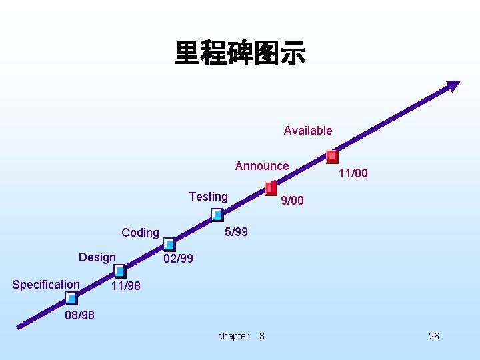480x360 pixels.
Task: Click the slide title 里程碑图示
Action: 240,53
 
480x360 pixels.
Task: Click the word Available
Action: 307,131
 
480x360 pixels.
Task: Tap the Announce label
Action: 262,166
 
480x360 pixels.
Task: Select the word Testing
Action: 208,197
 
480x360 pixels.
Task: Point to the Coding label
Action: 140,233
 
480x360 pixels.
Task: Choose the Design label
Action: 97,257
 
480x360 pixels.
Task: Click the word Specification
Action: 46,285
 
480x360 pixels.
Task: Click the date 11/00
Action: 353,174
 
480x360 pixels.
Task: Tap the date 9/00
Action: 292,201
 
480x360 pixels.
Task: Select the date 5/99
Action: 236,232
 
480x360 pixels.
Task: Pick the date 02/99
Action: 178,259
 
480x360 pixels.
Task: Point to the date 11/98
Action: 125,287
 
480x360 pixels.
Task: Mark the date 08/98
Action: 79,315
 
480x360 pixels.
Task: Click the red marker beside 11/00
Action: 332,157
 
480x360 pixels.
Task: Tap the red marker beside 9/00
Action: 271,188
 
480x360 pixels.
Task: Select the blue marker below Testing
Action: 217,215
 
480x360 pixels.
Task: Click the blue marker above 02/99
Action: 169,245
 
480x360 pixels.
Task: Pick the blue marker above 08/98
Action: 71,298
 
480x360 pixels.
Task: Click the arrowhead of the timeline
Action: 453,85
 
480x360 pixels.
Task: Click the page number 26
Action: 433,336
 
